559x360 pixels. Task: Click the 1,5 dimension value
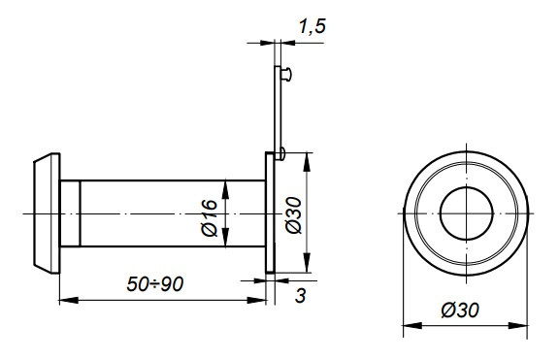click(x=312, y=26)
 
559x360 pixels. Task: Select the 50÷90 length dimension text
click(x=155, y=284)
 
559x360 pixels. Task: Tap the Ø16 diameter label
click(x=210, y=217)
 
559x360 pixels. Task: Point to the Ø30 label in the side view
click(x=294, y=214)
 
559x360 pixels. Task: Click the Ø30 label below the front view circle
click(x=460, y=311)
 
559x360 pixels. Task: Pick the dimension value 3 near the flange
click(x=301, y=296)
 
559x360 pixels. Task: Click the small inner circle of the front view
click(x=466, y=213)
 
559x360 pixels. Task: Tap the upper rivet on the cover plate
click(x=286, y=75)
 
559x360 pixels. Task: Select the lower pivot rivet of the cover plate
click(x=281, y=153)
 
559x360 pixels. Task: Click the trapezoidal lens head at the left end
click(x=47, y=213)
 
